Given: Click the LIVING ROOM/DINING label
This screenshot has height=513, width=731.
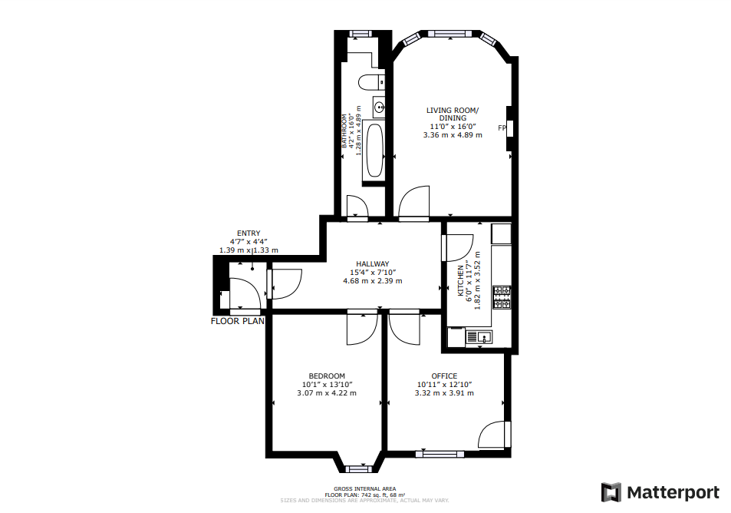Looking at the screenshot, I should tap(453, 114).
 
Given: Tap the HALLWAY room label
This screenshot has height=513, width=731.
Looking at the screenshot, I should tap(372, 263).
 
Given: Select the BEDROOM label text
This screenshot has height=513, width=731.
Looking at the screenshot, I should tap(327, 376).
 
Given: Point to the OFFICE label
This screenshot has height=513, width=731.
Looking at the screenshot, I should tap(444, 376).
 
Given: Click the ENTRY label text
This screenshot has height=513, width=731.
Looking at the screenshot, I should tap(249, 233).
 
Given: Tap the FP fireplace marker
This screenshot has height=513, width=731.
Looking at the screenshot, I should tap(502, 127).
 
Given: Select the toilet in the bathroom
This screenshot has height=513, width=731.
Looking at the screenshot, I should tap(371, 82).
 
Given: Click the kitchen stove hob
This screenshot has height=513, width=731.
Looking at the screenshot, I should tap(502, 296).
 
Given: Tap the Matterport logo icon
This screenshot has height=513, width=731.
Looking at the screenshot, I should tap(611, 492).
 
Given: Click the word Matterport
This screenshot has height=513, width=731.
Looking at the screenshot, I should tap(673, 492).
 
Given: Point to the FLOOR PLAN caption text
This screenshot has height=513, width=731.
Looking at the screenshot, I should tap(238, 322).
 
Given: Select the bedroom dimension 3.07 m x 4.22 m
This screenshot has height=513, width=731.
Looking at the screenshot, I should tap(327, 393).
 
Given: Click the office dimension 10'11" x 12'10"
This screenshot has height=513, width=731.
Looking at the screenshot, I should tap(444, 384).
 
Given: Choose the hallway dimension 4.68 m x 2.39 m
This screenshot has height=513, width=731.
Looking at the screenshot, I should tap(372, 281).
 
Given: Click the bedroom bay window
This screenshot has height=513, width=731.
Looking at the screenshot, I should tap(357, 468).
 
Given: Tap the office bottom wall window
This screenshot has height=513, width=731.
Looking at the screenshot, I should tap(440, 454).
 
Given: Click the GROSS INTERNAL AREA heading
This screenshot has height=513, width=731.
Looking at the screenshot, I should tap(365, 488).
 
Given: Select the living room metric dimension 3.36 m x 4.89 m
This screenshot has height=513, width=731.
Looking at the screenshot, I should tap(453, 135).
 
